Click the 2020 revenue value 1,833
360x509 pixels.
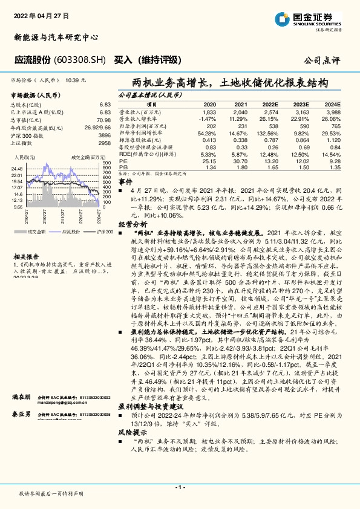point(209,112)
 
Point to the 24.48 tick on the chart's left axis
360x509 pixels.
point(17,169)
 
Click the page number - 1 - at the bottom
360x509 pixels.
point(179,487)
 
